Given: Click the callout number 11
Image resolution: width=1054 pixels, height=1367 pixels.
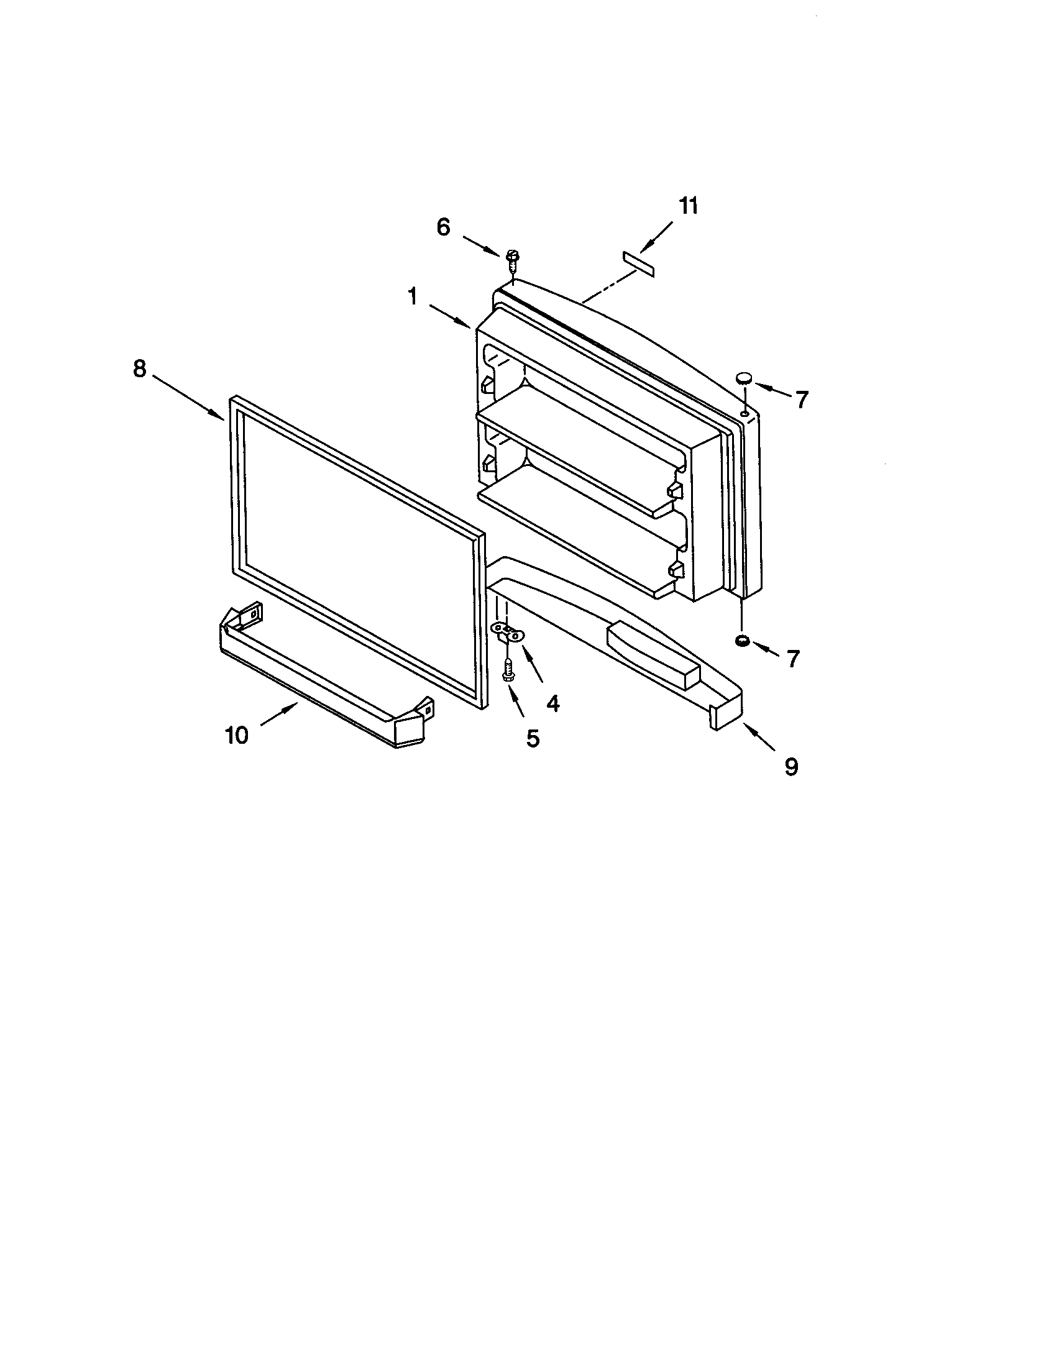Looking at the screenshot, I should point(688,206).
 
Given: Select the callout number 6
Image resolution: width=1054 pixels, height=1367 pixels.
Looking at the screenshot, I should point(443,227).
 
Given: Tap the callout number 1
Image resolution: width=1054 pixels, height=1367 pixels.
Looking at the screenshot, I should point(413,296).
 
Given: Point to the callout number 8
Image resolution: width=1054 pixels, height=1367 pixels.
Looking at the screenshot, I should point(139,368).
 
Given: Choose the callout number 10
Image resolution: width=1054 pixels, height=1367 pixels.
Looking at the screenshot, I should point(237,735).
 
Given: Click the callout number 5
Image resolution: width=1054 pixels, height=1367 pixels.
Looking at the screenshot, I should point(532,739).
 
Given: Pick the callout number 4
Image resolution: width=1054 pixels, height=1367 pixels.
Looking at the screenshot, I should point(552,703).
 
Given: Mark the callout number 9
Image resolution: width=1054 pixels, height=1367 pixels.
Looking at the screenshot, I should point(792,766).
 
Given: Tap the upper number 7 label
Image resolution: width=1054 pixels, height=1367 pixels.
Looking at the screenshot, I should point(802,400).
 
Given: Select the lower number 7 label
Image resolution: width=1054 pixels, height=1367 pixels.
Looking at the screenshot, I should point(793,659).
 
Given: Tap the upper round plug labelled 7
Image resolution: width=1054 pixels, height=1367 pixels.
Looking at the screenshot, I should point(743,377).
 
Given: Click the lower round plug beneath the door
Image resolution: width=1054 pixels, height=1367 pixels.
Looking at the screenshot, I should point(742,640).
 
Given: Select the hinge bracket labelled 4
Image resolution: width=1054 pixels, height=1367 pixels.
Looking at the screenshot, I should point(508,632).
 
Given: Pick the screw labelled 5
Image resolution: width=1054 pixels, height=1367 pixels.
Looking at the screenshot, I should point(508,671).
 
